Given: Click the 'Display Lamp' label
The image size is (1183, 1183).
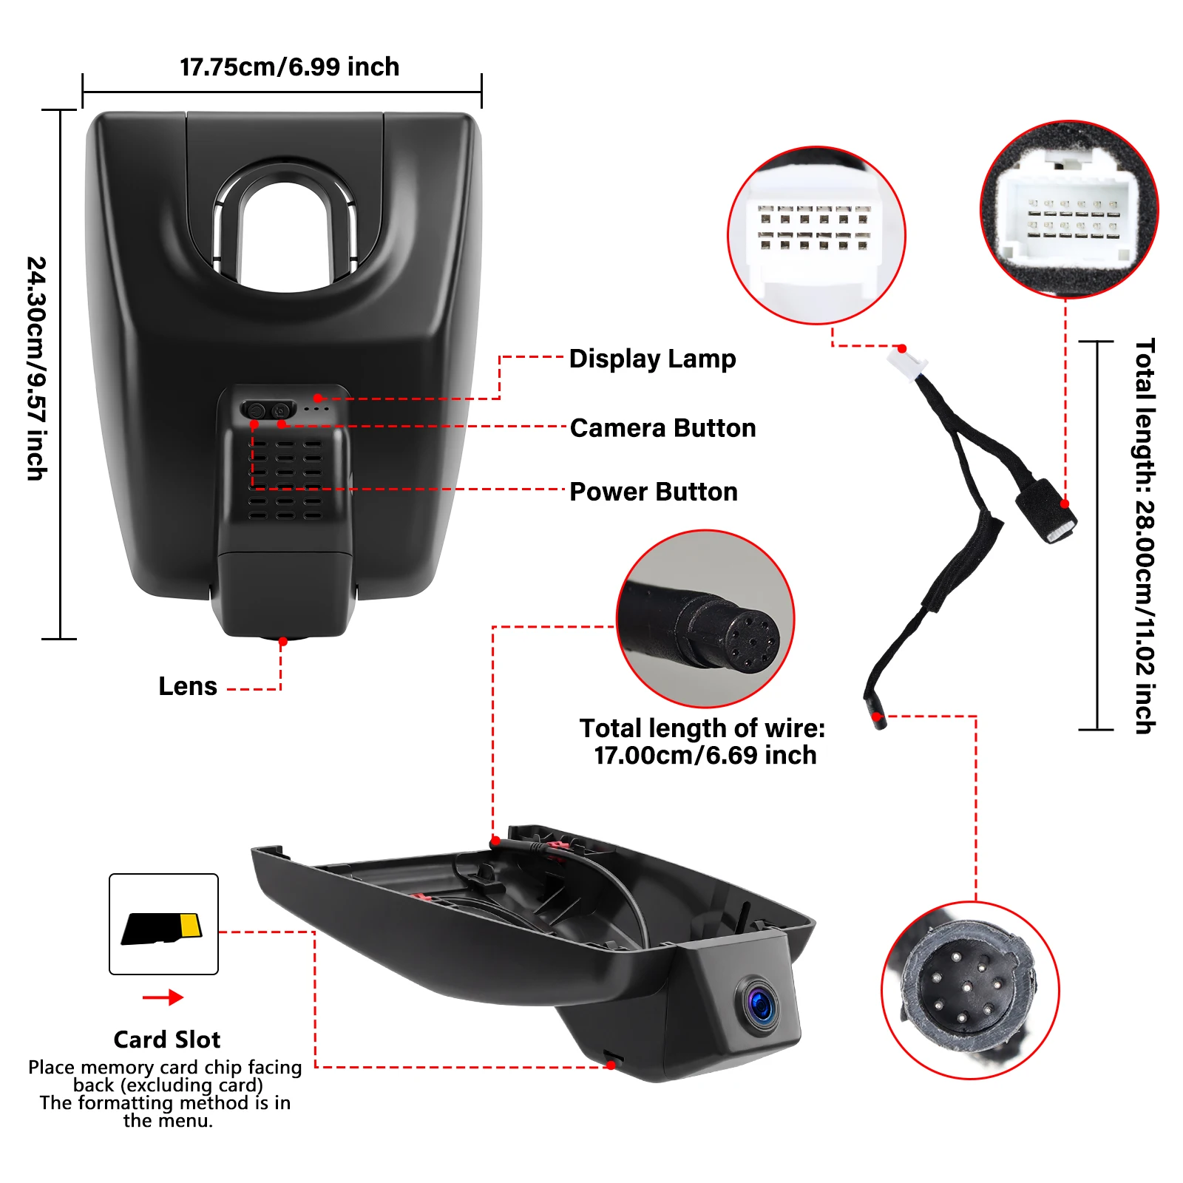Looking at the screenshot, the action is coord(652,359).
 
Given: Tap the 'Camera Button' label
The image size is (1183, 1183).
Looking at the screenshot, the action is coord(662,428).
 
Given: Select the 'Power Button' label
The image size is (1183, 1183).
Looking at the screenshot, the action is coord(654,492).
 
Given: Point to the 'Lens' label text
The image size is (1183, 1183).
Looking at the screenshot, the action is coord(188,686).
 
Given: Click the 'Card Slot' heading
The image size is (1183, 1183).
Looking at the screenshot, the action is coord(167,1040).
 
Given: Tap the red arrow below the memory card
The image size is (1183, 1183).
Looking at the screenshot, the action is coord(163,997).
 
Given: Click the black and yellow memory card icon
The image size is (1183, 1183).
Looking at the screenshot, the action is coord(162,929).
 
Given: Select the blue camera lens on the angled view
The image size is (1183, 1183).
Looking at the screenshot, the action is coord(759,1004).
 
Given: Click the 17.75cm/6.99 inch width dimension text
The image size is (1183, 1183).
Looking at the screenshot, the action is coord(290,67).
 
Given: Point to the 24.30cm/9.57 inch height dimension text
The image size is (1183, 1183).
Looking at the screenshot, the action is coord(37,368).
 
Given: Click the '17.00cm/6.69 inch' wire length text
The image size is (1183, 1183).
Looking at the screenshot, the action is coord(705,756).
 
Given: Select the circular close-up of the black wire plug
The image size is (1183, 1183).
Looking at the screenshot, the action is coord(705,618).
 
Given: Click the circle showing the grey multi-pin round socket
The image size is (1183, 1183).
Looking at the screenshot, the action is coord(970,990).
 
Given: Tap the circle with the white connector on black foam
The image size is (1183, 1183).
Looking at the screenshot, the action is coord(1069,209).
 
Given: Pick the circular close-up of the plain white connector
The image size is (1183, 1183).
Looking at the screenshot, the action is coord(817,235).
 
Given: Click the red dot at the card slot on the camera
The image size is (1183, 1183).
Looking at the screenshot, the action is coord(611,1065).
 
